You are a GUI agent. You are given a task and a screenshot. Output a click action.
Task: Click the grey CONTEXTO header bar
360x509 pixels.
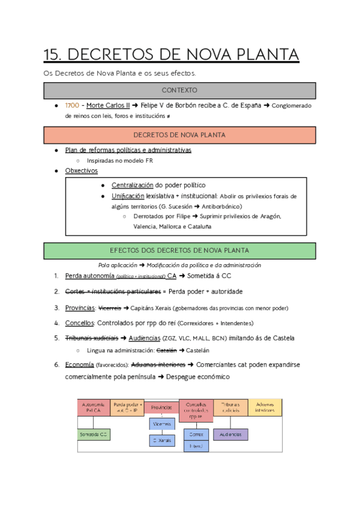(179, 90)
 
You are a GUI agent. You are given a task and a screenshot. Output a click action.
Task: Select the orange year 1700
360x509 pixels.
(72, 106)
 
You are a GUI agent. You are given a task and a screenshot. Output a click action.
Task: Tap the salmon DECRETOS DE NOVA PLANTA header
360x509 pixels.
(179, 134)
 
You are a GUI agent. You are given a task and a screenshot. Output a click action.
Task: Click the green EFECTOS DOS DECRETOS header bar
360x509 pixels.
(179, 250)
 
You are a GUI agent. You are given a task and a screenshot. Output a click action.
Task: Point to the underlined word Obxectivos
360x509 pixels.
(81, 171)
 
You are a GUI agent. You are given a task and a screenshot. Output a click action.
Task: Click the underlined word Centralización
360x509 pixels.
(133, 185)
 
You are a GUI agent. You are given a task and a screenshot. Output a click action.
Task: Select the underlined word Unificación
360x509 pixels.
(128, 196)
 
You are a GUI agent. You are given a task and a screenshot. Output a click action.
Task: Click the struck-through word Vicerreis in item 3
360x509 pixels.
(109, 308)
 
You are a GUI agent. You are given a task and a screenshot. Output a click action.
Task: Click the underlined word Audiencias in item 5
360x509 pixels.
(145, 338)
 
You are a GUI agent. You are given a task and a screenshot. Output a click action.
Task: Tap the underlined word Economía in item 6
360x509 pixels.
(79, 365)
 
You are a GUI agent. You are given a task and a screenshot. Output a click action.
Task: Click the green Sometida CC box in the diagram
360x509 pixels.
(94, 434)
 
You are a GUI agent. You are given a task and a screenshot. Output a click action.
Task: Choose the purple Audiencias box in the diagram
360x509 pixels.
(230, 434)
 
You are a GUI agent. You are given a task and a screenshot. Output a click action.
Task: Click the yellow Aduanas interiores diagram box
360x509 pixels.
(265, 408)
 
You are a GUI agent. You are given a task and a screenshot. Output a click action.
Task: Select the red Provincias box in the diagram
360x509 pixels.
(162, 409)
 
